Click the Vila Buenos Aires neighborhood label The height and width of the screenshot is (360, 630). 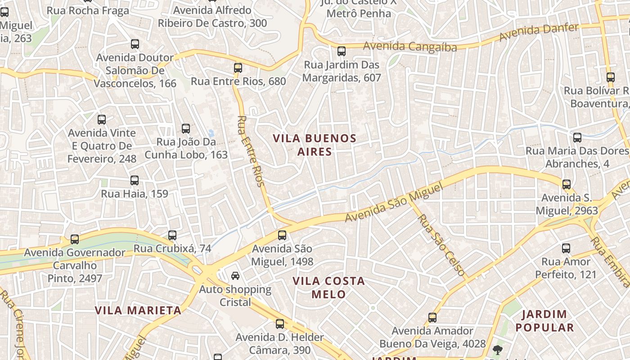315,145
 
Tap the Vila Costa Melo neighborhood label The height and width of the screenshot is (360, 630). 328,288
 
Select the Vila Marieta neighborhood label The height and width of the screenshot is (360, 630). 138,310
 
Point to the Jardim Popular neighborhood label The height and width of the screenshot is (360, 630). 545,320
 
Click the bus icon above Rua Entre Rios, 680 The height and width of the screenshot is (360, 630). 238,68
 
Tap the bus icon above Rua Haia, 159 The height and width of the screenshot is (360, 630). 134,180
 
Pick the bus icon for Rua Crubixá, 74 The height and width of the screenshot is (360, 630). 172,235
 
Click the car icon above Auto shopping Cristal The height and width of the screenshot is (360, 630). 235,275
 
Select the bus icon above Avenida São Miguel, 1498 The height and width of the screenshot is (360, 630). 282,235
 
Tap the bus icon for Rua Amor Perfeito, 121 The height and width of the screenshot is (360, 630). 566,248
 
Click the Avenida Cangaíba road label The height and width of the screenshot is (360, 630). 410,46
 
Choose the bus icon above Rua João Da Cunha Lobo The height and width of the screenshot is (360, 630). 185,129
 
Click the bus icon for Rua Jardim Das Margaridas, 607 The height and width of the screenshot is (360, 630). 342,51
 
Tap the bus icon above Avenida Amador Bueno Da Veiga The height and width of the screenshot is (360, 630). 432,318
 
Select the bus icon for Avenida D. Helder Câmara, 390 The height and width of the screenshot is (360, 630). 280,324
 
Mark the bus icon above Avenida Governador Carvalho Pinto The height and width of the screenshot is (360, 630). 75,239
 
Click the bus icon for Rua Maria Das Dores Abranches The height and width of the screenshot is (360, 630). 577,138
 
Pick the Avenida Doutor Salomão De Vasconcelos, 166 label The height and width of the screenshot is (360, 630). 135,71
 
